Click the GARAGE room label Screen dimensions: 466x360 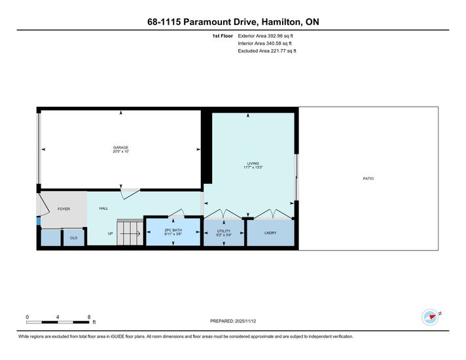[x=120, y=147]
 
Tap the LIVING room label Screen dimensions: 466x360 [x=253, y=164]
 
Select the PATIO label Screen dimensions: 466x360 [x=368, y=179]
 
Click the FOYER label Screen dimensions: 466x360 [x=63, y=209]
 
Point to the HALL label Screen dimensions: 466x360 [x=103, y=208]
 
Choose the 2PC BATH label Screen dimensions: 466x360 [x=173, y=230]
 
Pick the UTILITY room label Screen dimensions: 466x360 [x=223, y=231]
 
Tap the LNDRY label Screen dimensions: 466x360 [x=270, y=233]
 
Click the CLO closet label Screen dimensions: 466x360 [x=73, y=238]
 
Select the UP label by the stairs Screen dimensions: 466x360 [x=110, y=234]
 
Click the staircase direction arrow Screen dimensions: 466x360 [x=130, y=234]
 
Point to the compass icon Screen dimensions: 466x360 [x=430, y=317]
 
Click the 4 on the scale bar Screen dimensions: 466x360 [x=58, y=317]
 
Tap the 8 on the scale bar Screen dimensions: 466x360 [x=89, y=317]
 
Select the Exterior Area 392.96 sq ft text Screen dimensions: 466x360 [x=265, y=36]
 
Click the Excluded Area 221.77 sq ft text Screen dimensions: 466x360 [x=267, y=51]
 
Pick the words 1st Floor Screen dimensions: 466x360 [x=223, y=36]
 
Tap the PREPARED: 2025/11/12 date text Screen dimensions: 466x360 [x=233, y=321]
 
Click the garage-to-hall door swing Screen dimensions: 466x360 [x=130, y=194]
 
